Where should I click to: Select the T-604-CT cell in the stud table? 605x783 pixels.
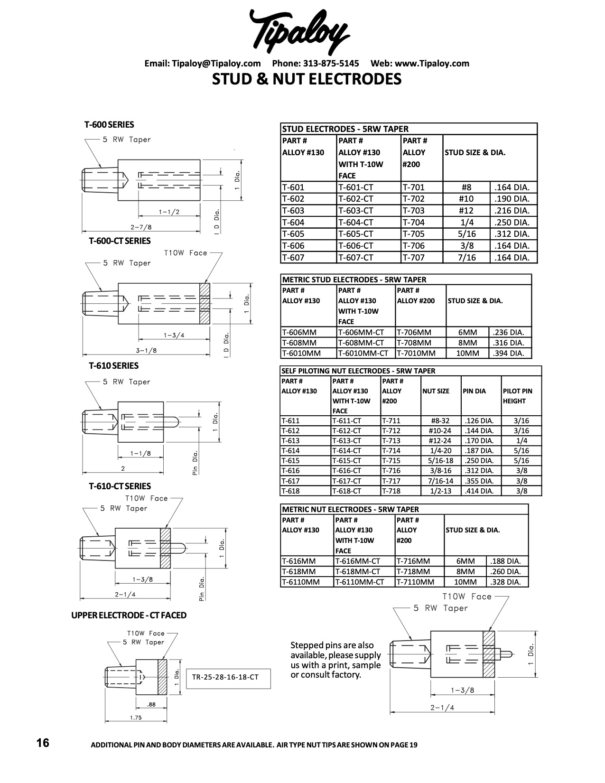[356, 223]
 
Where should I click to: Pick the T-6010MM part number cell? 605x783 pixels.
[301, 354]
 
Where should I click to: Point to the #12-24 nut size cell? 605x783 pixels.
[440, 441]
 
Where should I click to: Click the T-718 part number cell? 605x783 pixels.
[391, 491]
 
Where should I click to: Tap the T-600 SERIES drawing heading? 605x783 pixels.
[109, 125]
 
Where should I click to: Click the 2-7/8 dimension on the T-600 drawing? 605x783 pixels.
[141, 227]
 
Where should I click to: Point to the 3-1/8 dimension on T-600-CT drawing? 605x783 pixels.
[147, 351]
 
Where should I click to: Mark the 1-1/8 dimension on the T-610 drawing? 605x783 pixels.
[140, 454]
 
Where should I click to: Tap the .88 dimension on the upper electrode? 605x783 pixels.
[151, 705]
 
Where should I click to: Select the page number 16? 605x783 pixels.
[43, 743]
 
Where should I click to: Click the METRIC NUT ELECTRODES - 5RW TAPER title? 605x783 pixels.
[351, 510]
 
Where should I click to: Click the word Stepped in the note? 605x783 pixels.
[307, 645]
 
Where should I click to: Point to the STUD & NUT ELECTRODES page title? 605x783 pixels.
[307, 79]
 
